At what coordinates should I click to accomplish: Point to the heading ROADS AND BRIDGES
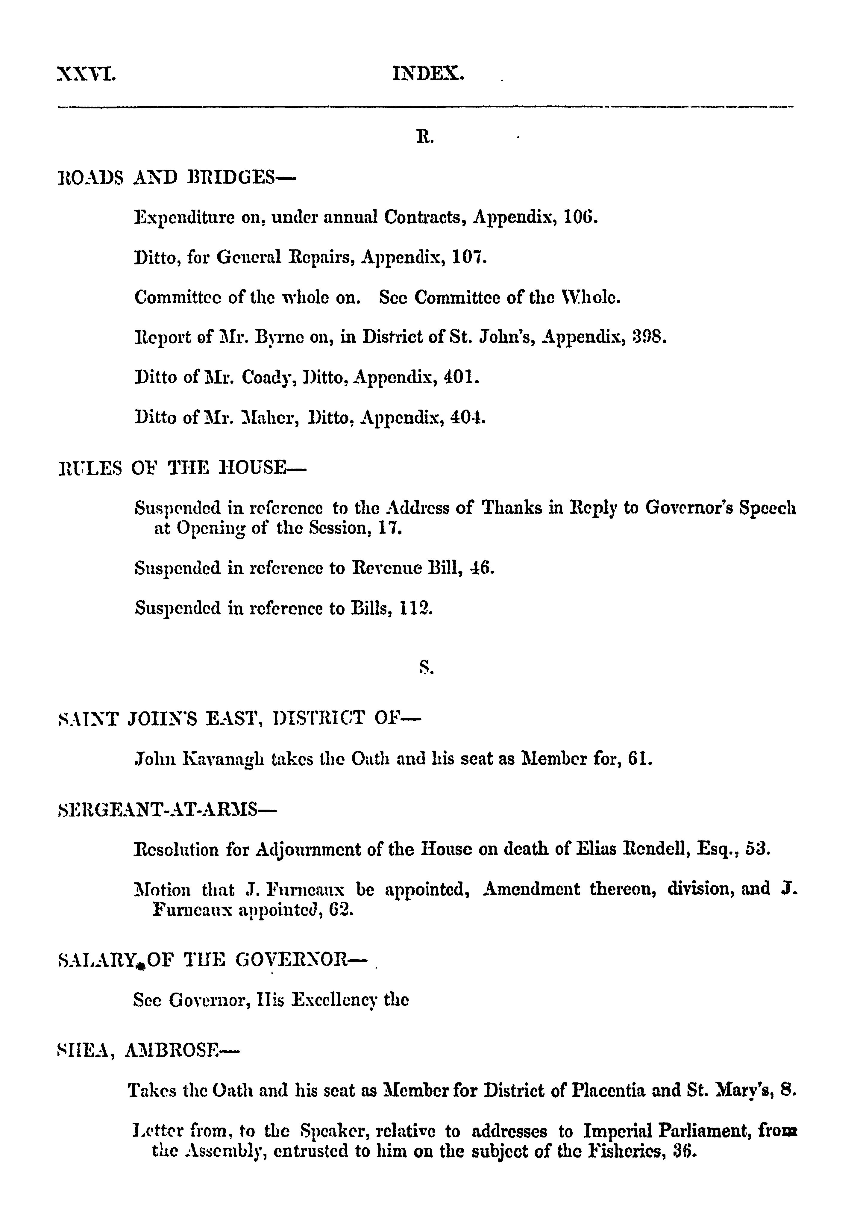176,176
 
